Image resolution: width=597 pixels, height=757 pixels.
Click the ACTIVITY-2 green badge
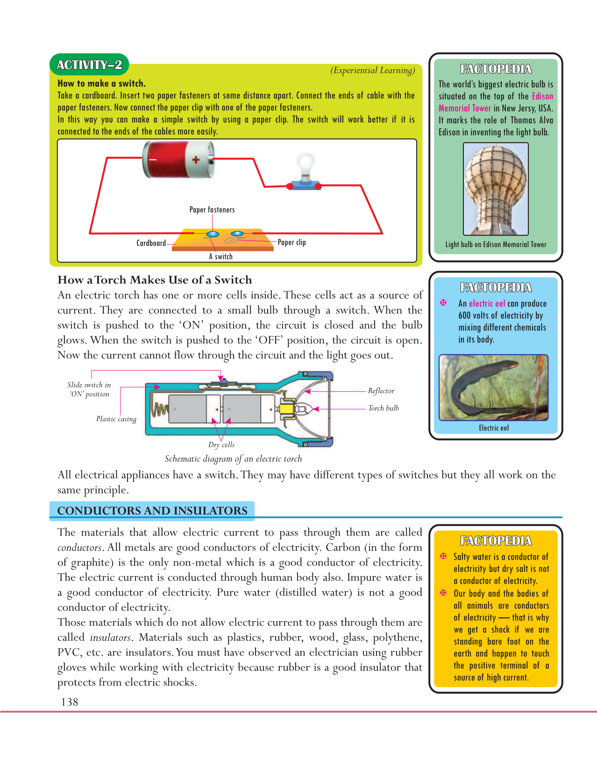pyautogui.click(x=89, y=65)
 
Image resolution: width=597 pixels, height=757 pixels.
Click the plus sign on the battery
pyautogui.click(x=196, y=160)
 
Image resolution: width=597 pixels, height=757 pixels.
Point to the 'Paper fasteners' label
pyautogui.click(x=212, y=210)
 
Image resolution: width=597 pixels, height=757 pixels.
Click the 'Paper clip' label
pyautogui.click(x=291, y=242)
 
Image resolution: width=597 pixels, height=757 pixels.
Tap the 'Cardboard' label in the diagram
pyautogui.click(x=151, y=243)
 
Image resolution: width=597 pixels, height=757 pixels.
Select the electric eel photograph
pyautogui.click(x=493, y=387)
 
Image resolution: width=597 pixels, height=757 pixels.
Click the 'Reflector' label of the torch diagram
pyautogui.click(x=381, y=391)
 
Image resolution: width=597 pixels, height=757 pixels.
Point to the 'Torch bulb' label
pyautogui.click(x=383, y=408)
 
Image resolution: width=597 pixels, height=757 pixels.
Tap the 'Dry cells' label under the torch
pyautogui.click(x=221, y=445)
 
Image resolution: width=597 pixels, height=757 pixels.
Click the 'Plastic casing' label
pyautogui.click(x=116, y=419)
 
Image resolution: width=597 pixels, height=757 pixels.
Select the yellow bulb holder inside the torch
pyautogui.click(x=285, y=409)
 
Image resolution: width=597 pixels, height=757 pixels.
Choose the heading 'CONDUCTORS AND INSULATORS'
pyautogui.click(x=152, y=511)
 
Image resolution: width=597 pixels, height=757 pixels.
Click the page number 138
pyautogui.click(x=70, y=702)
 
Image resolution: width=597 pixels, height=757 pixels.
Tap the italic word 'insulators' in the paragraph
pyautogui.click(x=110, y=638)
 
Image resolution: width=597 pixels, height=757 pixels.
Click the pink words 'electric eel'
pyautogui.click(x=487, y=303)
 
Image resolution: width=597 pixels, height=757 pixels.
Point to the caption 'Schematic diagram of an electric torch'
pyautogui.click(x=233, y=459)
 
